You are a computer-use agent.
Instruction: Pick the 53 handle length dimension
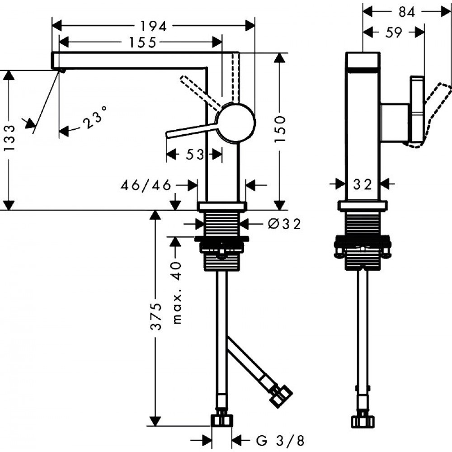[194, 155]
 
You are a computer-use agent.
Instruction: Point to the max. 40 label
[177, 292]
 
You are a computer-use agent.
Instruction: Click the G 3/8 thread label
[280, 439]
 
